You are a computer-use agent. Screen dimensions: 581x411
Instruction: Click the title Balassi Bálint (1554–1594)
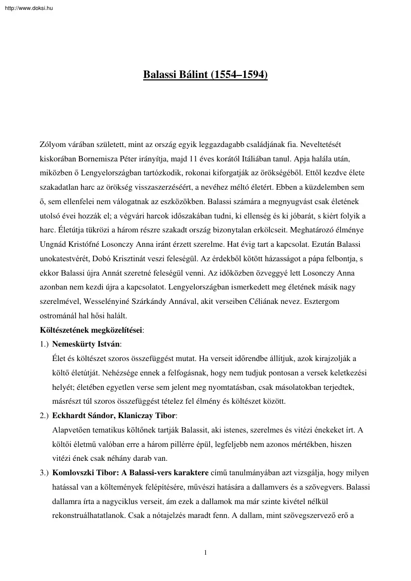point(205,75)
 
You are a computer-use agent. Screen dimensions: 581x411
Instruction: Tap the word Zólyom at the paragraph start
point(51,145)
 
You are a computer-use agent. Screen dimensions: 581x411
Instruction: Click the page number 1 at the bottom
point(205,552)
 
